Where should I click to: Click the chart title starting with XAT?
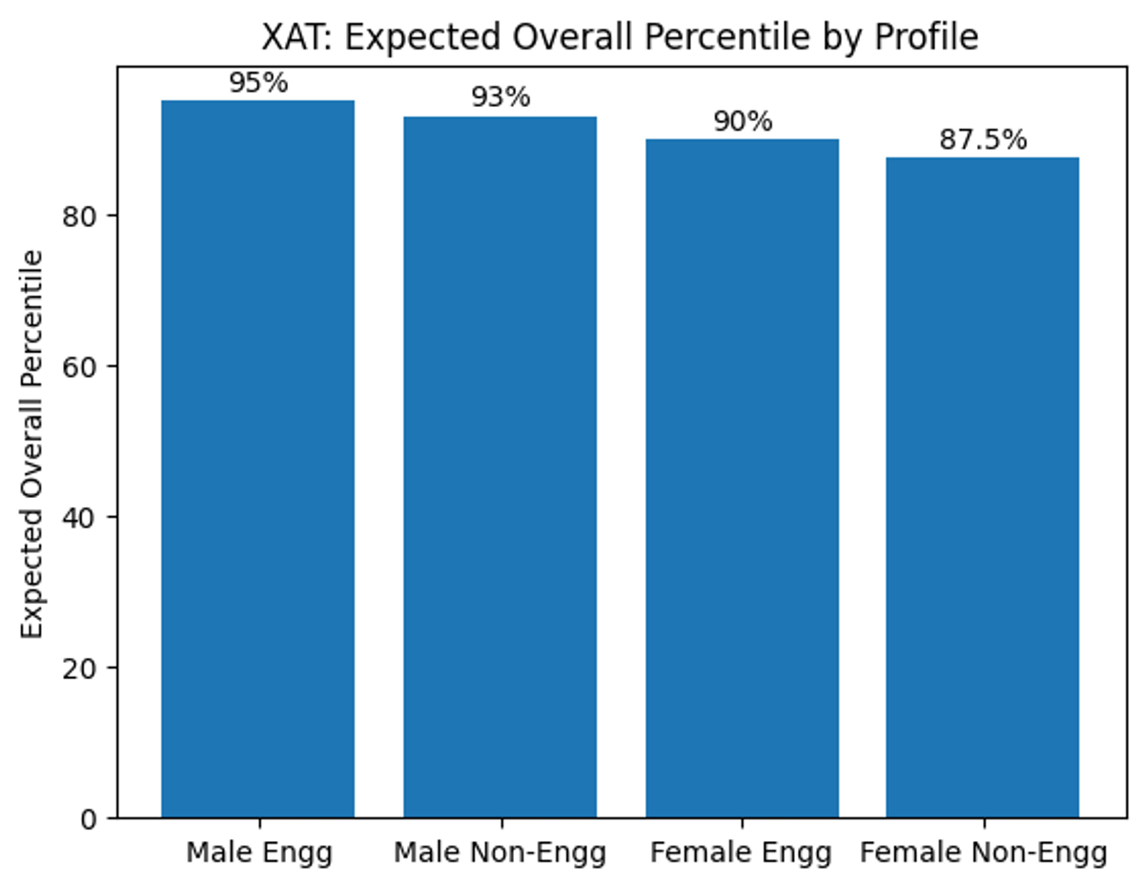point(620,36)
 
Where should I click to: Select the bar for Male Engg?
point(257,459)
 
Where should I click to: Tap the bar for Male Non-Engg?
point(500,467)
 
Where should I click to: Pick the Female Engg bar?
point(742,478)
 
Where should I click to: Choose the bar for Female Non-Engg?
point(983,487)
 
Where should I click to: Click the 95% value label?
point(257,84)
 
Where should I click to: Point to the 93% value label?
point(500,98)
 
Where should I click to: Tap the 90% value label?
point(742,122)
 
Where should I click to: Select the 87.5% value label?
point(983,140)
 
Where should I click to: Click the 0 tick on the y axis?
point(90,818)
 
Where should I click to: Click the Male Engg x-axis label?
point(258,852)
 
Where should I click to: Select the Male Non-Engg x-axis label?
point(500,852)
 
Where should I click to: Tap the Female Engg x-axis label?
point(742,852)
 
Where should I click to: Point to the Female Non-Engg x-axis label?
point(983,852)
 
